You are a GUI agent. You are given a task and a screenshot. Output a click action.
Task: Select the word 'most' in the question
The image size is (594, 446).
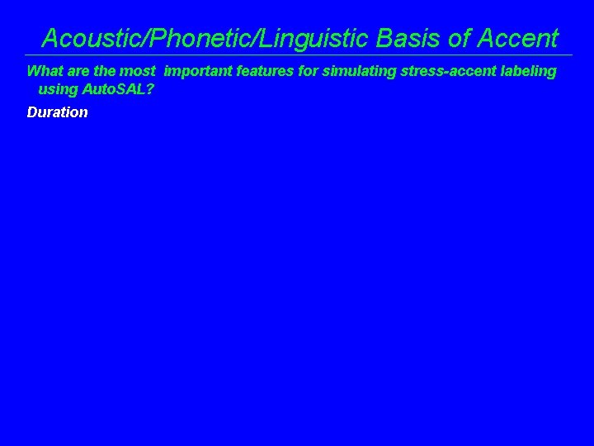[x=137, y=71]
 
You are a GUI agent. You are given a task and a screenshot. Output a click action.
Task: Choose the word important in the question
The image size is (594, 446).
[x=198, y=71]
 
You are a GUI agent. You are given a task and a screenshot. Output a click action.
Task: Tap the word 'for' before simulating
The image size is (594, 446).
[x=308, y=71]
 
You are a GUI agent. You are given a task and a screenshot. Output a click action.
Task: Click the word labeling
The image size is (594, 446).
[x=530, y=71]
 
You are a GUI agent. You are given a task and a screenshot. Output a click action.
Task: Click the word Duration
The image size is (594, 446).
[x=57, y=112]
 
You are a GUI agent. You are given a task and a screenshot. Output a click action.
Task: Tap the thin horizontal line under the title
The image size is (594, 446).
[x=297, y=55]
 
